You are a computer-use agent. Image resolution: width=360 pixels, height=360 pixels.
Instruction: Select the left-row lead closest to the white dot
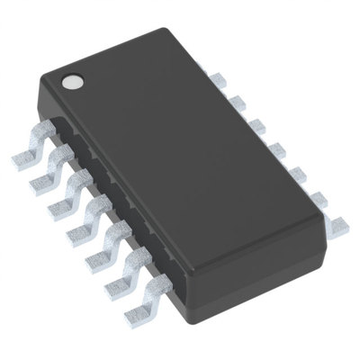pos(25,159)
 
